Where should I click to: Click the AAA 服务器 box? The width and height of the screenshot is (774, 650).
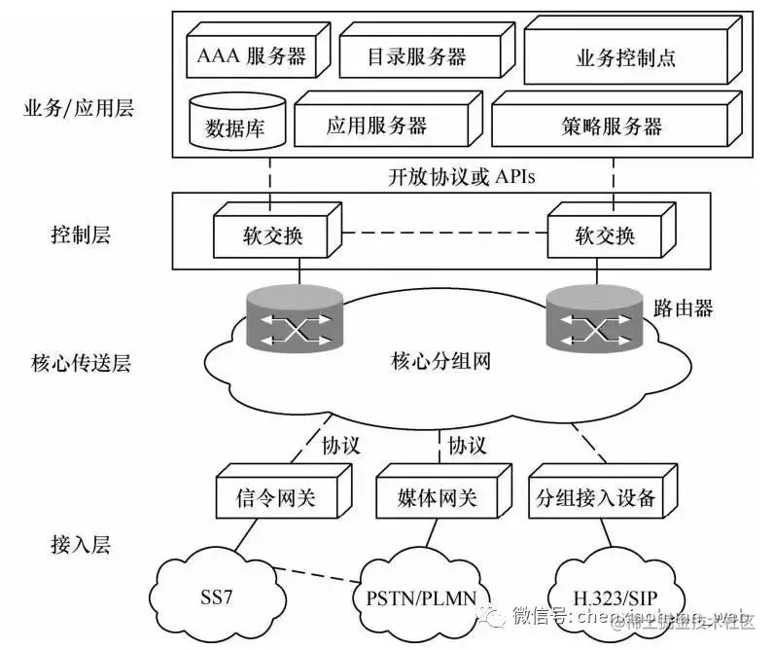(251, 56)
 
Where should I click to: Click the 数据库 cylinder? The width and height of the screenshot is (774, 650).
(229, 125)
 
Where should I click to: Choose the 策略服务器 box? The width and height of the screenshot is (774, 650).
(611, 126)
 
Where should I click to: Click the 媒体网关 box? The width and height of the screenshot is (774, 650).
(439, 500)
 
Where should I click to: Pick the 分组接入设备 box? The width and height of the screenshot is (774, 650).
(595, 500)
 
